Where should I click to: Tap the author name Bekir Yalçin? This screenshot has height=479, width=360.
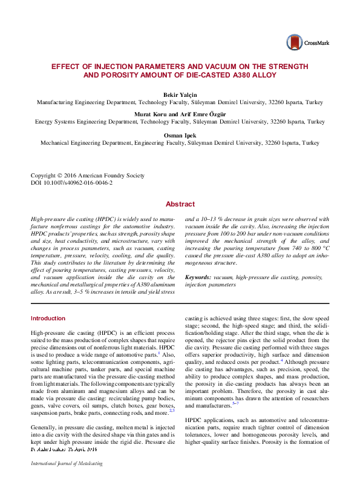coord(180,96)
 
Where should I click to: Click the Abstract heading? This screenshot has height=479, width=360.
coord(180,205)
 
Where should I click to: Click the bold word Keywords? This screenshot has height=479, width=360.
coord(200,277)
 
